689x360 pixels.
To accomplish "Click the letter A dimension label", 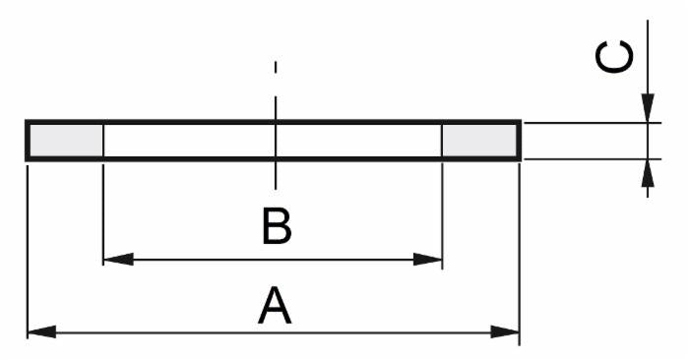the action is click(275, 306).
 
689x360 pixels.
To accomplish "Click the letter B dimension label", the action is click(277, 226).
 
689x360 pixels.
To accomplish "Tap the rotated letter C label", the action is click(614, 57).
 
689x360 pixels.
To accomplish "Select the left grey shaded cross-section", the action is click(66, 141).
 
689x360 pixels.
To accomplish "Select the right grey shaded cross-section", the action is click(479, 141).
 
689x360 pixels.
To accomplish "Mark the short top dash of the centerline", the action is click(276, 67).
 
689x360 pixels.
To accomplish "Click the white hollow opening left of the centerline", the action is click(189, 141).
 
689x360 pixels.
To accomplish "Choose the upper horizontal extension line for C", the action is click(593, 123).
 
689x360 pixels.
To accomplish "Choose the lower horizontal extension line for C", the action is click(593, 159).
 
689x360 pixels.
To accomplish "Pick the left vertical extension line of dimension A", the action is click(28, 252).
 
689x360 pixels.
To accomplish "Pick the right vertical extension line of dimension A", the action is click(520, 254).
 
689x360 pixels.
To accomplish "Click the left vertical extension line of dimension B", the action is click(102, 214).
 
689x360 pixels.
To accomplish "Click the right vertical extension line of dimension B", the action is click(442, 215).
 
